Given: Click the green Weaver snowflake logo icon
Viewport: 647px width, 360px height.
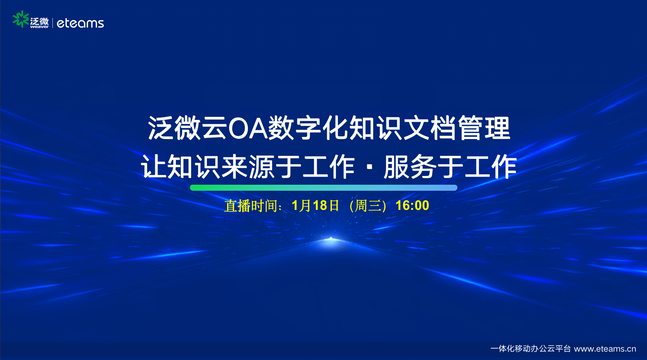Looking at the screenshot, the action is pyautogui.click(x=20, y=19).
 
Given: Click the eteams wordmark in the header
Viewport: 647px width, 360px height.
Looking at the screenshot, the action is pyautogui.click(x=80, y=23).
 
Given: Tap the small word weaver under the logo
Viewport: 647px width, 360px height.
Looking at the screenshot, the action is pyautogui.click(x=39, y=27).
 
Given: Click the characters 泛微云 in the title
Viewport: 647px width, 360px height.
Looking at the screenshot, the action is pyautogui.click(x=188, y=128).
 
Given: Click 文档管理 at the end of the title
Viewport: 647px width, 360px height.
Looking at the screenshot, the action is pyautogui.click(x=457, y=128).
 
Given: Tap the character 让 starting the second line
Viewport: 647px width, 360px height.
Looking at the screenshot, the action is pyautogui.click(x=154, y=167).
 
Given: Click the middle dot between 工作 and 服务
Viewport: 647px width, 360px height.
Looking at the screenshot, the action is pyautogui.click(x=370, y=167).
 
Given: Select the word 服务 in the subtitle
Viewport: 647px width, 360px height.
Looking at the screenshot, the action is pyautogui.click(x=410, y=167).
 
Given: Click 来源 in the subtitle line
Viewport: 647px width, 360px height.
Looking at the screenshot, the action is pyautogui.click(x=248, y=167).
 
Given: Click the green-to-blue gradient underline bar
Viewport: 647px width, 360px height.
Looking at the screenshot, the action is pyautogui.click(x=323, y=188).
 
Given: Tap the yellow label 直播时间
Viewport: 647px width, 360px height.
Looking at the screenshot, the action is pyautogui.click(x=251, y=206).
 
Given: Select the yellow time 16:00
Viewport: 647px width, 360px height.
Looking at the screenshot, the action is pyautogui.click(x=412, y=206).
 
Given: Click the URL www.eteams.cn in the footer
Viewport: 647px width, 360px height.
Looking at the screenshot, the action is pyautogui.click(x=605, y=349).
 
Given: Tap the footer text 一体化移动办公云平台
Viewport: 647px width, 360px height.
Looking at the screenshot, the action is pyautogui.click(x=530, y=349).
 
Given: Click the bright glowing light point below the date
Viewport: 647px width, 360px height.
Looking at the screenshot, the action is pyautogui.click(x=331, y=239).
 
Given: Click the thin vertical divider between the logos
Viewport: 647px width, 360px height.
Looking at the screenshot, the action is pyautogui.click(x=53, y=23).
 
